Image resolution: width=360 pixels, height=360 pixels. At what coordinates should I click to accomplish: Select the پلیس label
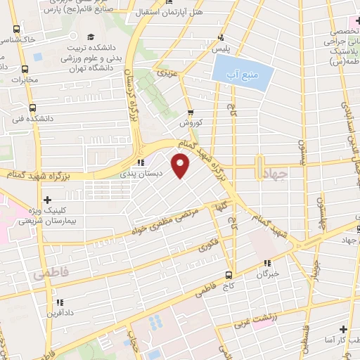pos(222,49)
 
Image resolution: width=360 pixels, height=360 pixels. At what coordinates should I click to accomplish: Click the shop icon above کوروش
pos(190,112)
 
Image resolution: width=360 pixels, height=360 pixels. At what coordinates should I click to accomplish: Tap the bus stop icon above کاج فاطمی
pos(229,275)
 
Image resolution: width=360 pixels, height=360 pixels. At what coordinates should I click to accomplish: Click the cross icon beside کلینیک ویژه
pos(47,200)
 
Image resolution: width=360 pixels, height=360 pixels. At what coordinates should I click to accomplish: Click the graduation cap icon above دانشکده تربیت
pos(89,37)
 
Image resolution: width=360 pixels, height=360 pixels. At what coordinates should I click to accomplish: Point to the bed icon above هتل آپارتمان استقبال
pos(167,2)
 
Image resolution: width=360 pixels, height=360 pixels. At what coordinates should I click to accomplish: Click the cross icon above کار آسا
pos(343,329)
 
